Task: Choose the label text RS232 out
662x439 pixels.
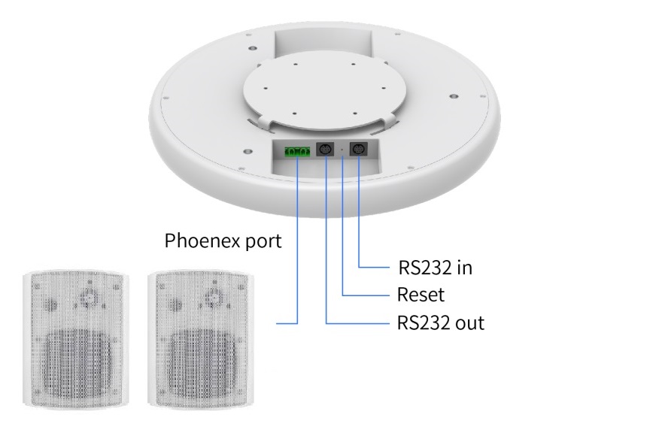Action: coord(440,323)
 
